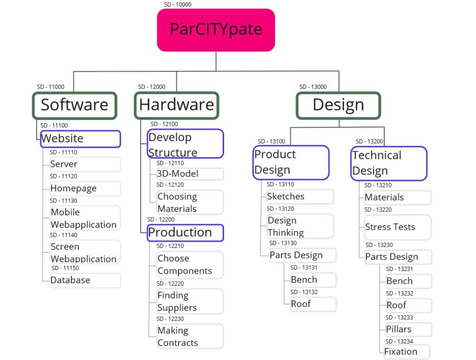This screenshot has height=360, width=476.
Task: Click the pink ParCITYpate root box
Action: pyautogui.click(x=216, y=30)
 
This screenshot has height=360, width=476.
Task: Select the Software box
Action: pyautogui.click(x=75, y=106)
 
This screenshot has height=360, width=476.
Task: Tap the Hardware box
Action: pyautogui.click(x=176, y=106)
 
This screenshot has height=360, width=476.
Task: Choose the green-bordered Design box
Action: pyautogui.click(x=338, y=106)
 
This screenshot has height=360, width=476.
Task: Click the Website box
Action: pyautogui.click(x=80, y=139)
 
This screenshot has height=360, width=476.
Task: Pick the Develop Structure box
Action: pyautogui.click(x=185, y=144)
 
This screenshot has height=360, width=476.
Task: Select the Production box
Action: pyautogui.click(x=185, y=233)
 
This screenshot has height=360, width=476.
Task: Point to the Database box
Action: pyautogui.click(x=85, y=281)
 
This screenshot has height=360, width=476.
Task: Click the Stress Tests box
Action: pyautogui.click(x=397, y=227)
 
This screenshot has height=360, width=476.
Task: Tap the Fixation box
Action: pyautogui.click(x=407, y=352)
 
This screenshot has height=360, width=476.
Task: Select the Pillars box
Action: pyautogui.click(x=408, y=329)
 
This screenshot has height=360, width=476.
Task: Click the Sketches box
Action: pyautogui.click(x=300, y=197)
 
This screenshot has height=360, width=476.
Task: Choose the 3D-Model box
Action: pyautogui.click(x=190, y=174)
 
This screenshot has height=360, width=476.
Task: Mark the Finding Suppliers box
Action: pyautogui.click(x=190, y=301)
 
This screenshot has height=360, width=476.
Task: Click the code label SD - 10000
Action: pyautogui.click(x=178, y=5)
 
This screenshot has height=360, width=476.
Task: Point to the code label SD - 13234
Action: pyautogui.click(x=399, y=342)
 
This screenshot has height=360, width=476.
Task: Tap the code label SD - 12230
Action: pyautogui.click(x=170, y=319)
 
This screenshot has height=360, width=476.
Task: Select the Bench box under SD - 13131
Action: pyautogui.click(x=313, y=280)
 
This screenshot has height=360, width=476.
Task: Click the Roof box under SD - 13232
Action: pyautogui.click(x=408, y=305)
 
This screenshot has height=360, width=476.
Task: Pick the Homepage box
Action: pyautogui.click(x=85, y=189)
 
